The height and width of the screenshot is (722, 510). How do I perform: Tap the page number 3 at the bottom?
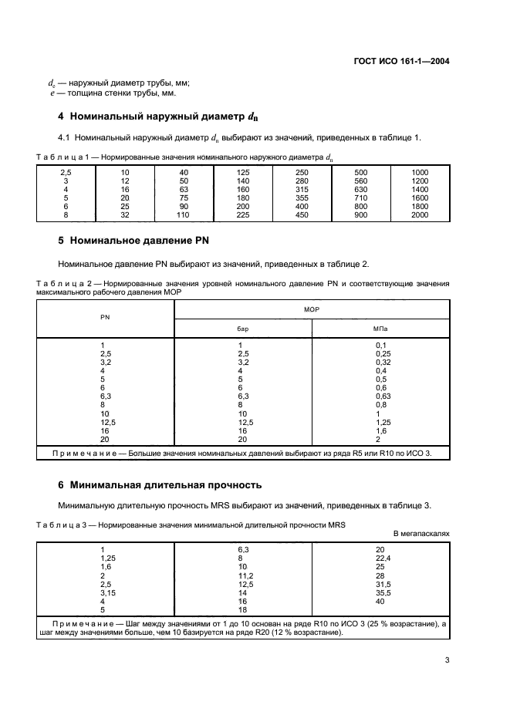click(447, 660)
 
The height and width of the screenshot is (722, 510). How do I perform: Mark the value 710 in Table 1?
click(360, 198)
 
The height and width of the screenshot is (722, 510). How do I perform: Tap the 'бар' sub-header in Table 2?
click(243, 328)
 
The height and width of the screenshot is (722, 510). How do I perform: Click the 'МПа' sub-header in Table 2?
click(380, 328)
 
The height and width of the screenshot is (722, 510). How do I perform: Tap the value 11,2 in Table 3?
click(245, 575)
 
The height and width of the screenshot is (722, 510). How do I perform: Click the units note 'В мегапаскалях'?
click(421, 533)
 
